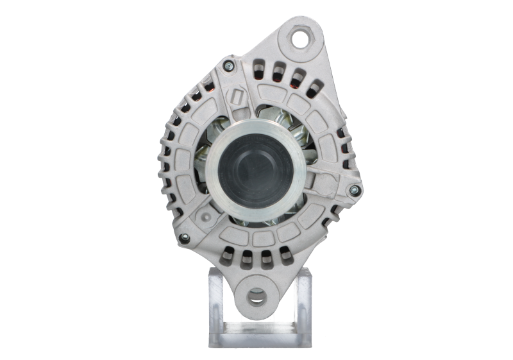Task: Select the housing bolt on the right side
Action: pyautogui.click(x=351, y=189)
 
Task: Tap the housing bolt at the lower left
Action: pyautogui.click(x=185, y=238)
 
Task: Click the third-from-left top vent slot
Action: pyautogui.click(x=296, y=77)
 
